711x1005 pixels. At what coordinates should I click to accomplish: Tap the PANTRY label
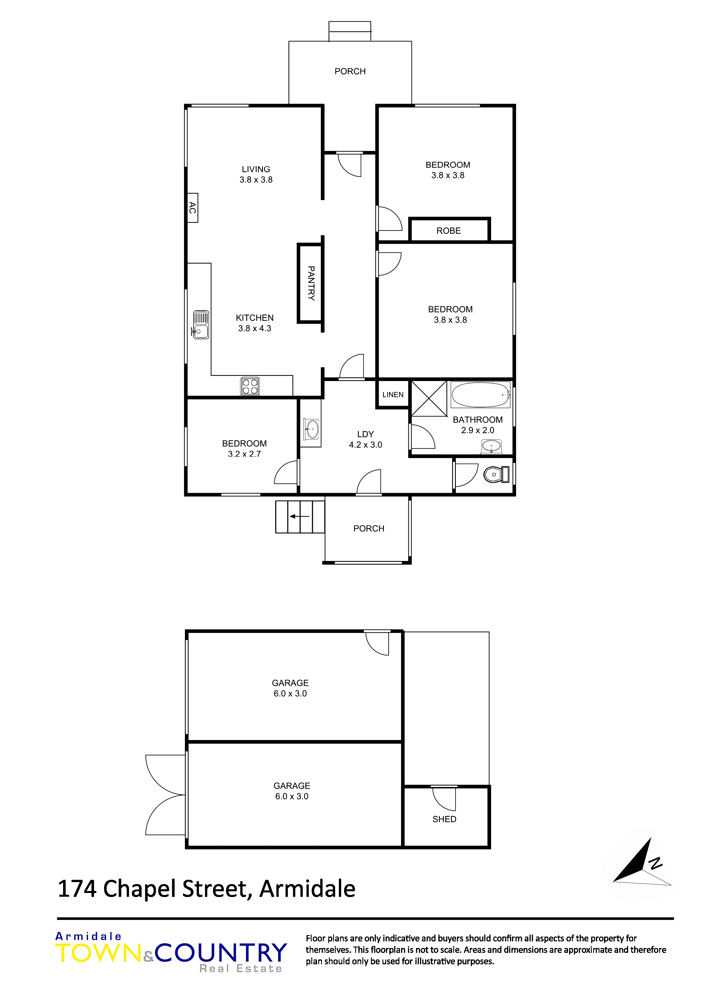(x=311, y=283)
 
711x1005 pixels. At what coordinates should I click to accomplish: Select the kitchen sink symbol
(x=201, y=325)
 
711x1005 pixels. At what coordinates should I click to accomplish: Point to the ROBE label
(x=449, y=231)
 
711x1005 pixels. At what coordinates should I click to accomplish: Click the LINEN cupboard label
(x=393, y=394)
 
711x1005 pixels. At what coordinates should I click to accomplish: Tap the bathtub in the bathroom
(x=480, y=395)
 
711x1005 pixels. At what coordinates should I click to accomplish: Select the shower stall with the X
(x=429, y=399)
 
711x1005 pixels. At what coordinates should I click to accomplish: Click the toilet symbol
(x=496, y=474)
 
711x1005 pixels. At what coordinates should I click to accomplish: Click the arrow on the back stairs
(x=299, y=517)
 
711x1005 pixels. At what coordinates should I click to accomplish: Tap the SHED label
(x=444, y=819)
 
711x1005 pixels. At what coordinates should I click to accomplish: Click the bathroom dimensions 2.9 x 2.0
(x=478, y=430)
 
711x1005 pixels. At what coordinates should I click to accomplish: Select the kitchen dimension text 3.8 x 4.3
(x=255, y=328)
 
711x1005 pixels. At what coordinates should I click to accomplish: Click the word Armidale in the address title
(x=308, y=889)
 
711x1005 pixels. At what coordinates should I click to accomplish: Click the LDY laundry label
(x=365, y=434)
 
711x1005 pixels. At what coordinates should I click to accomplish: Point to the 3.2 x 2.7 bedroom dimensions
(x=245, y=454)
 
